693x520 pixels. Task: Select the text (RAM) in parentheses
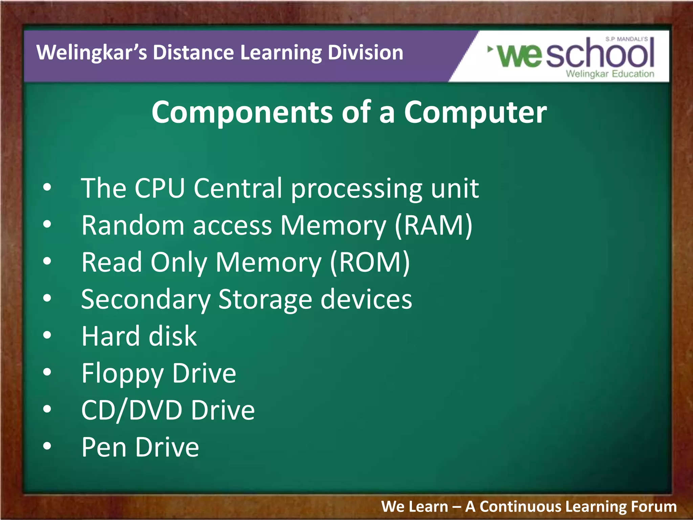tap(433, 226)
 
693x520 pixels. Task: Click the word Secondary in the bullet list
tap(146, 300)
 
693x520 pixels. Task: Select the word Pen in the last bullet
tap(104, 447)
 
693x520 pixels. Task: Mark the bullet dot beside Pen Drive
tap(47, 447)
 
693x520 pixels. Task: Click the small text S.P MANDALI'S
tap(626, 39)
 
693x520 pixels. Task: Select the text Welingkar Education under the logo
tap(610, 74)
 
